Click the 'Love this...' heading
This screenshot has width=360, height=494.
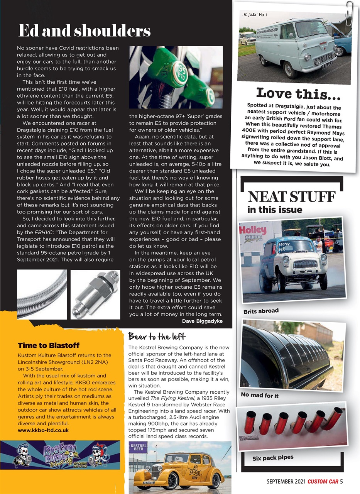(298, 93)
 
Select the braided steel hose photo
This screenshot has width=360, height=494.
(42, 294)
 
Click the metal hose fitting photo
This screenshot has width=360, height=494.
(95, 294)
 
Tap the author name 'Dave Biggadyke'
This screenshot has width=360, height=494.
(202, 321)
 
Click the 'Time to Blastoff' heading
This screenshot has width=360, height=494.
(49, 345)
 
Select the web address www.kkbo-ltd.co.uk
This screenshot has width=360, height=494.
(43, 430)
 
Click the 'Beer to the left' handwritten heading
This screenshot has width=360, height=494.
(157, 337)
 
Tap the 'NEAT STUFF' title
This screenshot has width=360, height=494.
(291, 197)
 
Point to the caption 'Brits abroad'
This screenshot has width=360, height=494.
(261, 311)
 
